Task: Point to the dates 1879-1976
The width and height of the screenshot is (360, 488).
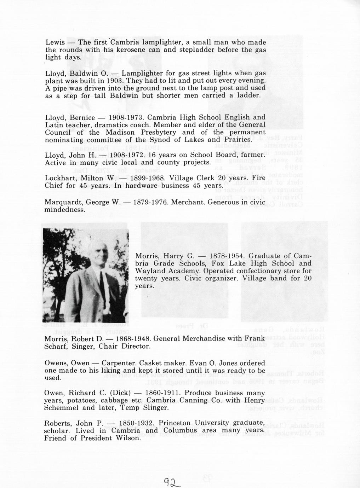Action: tap(150, 202)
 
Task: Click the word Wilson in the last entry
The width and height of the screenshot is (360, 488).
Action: tap(129, 438)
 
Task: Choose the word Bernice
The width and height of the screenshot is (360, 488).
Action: tap(82, 117)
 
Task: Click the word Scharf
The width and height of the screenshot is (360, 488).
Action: tap(56, 346)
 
